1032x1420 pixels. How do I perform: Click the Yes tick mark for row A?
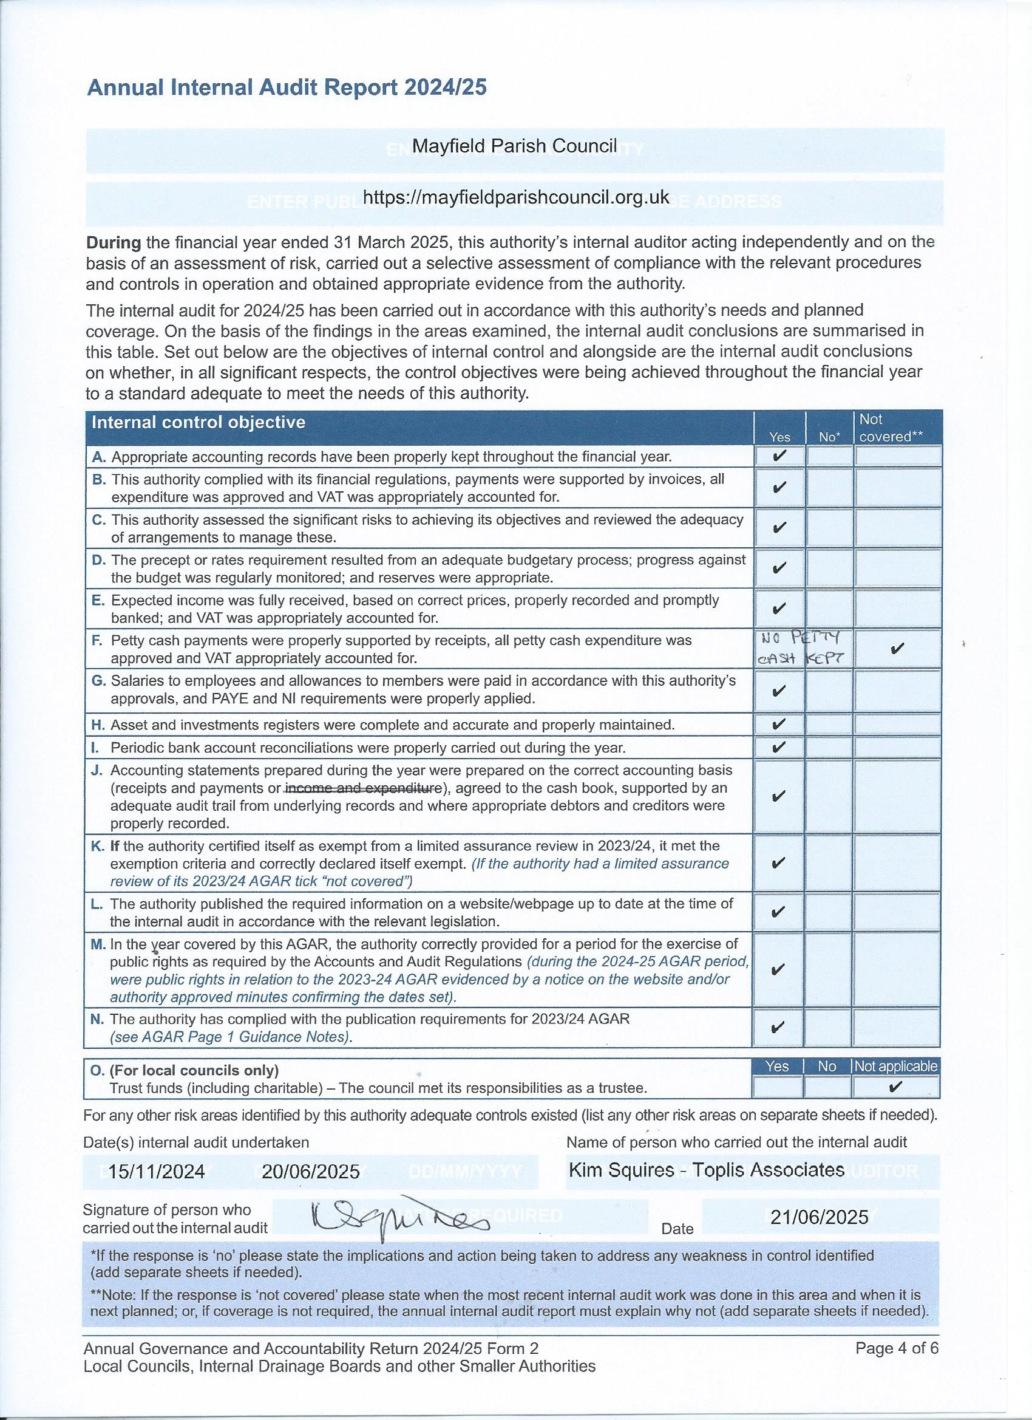click(x=779, y=455)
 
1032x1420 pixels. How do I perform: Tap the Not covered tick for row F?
click(x=896, y=649)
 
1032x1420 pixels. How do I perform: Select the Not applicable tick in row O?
click(x=895, y=1087)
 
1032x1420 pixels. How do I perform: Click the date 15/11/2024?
click(x=157, y=1172)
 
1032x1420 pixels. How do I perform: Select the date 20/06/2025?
click(x=311, y=1172)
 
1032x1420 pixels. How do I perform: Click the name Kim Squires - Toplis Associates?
click(x=707, y=1169)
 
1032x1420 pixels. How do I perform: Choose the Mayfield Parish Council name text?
click(x=514, y=146)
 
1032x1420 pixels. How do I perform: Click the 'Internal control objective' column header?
click(x=199, y=422)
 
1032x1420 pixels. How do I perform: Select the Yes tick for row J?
click(x=779, y=796)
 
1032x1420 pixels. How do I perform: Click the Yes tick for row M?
click(x=779, y=970)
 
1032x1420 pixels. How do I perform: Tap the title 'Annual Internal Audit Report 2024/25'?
click(x=287, y=88)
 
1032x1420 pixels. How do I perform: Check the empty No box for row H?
click(x=829, y=725)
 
